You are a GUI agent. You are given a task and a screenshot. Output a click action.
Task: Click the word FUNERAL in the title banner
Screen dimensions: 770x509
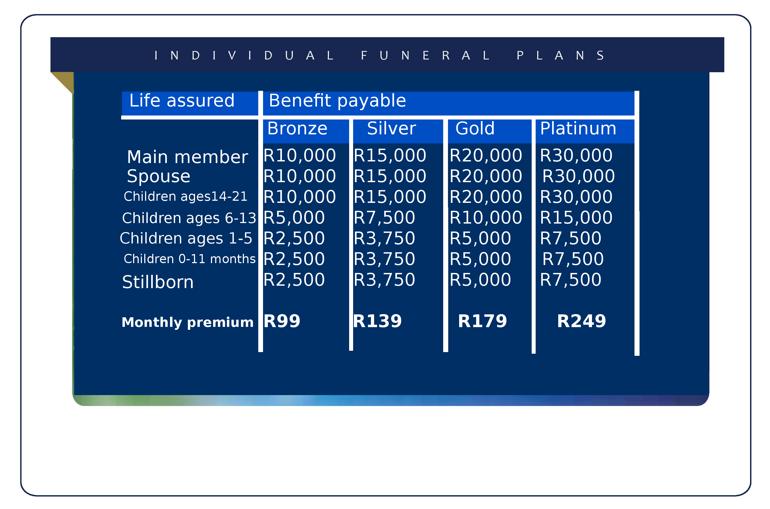click(x=425, y=55)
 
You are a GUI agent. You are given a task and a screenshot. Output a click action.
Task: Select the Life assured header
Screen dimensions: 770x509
click(x=182, y=100)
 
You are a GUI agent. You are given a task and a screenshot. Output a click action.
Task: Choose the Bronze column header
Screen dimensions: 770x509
click(x=297, y=128)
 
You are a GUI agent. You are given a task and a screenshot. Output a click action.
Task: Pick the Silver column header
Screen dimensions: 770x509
click(x=391, y=128)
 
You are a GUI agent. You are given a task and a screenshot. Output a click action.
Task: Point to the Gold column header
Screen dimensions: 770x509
click(x=475, y=128)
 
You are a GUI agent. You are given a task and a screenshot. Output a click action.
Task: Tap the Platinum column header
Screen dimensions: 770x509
click(x=578, y=128)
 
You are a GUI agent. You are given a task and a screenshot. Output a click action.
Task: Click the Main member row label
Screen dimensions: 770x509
click(x=187, y=157)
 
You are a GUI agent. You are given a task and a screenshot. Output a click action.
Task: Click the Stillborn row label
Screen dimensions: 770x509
click(x=158, y=282)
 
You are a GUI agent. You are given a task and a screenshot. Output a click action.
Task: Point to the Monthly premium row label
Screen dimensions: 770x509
click(x=187, y=323)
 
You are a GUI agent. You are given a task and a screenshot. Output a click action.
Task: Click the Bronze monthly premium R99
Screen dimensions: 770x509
click(x=282, y=321)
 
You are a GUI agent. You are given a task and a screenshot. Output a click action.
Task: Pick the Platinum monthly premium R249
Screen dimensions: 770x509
click(x=581, y=321)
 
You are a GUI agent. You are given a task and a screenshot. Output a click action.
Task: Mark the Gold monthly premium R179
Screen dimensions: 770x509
click(x=482, y=321)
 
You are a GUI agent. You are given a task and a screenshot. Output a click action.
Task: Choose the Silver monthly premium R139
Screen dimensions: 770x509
click(x=377, y=321)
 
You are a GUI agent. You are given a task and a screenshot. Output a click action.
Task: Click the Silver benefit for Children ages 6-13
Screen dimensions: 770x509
click(x=384, y=218)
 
